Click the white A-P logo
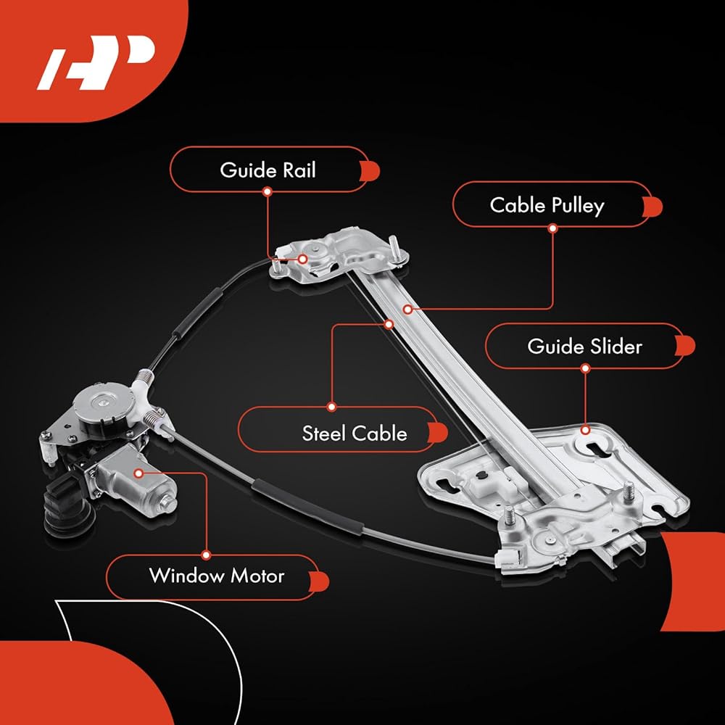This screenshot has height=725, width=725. click(96, 62)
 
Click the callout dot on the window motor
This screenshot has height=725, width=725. click(138, 473)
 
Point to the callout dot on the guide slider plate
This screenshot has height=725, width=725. click(585, 430)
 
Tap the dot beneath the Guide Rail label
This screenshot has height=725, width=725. click(268, 191)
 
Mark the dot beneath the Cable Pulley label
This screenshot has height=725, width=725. click(552, 228)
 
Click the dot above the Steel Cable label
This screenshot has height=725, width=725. click(331, 407)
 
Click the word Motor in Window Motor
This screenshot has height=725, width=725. click(257, 576)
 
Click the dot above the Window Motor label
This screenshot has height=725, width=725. click(206, 555)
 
